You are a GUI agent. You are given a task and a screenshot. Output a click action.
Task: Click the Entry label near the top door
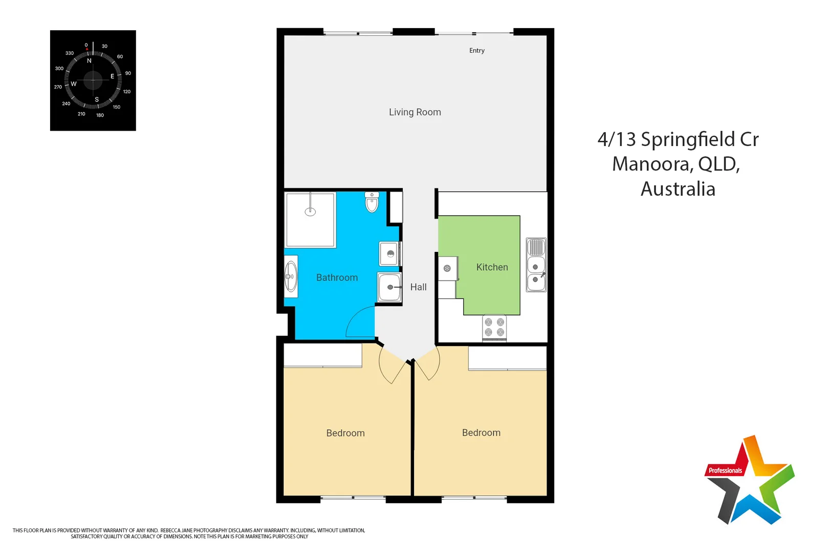(x=476, y=51)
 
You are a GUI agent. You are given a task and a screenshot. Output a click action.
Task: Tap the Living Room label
(x=414, y=112)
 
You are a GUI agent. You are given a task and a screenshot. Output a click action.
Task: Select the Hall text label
(x=418, y=287)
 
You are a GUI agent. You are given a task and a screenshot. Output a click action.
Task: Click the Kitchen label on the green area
(x=492, y=267)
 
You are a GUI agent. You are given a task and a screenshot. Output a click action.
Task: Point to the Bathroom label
(x=337, y=278)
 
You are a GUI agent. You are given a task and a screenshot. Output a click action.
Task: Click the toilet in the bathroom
(x=372, y=202)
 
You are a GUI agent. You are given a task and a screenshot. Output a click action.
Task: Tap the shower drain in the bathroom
(x=310, y=211)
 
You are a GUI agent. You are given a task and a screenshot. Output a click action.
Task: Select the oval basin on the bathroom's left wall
(x=291, y=276)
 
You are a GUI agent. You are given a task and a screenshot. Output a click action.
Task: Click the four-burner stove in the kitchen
(x=494, y=328)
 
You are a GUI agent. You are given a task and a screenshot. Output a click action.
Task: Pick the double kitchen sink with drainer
(x=536, y=265)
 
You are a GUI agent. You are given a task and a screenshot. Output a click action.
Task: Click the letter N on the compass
(x=89, y=61)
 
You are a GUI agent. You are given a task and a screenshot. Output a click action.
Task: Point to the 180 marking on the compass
(x=100, y=115)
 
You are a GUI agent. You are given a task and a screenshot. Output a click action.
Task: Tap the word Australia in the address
(x=678, y=189)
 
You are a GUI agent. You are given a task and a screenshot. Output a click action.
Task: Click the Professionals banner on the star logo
(x=725, y=471)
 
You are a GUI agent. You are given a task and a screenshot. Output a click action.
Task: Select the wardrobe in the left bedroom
(x=323, y=355)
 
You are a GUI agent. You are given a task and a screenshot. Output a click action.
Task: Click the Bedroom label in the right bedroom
(x=481, y=433)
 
